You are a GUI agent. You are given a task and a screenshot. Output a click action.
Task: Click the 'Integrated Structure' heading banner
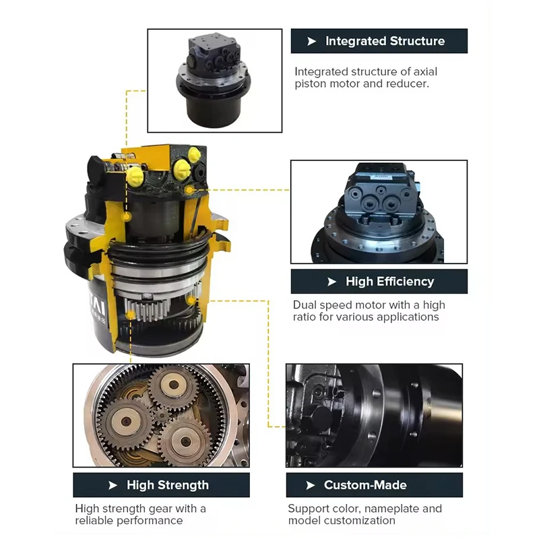click(379, 41)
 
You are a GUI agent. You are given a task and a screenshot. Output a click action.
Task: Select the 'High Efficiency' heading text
click(389, 282)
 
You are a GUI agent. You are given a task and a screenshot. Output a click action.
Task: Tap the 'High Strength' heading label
click(167, 485)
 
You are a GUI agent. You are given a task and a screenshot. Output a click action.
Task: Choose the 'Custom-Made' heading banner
click(365, 485)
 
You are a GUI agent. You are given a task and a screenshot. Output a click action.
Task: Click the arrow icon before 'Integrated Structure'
click(311, 41)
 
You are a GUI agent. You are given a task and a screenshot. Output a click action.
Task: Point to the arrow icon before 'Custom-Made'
click(311, 485)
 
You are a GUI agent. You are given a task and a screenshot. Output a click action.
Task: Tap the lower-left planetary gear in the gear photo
click(126, 422)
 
